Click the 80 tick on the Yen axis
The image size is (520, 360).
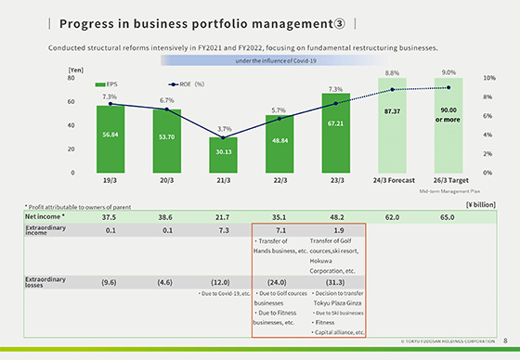[x=71, y=78]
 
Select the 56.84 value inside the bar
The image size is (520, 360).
[x=110, y=133]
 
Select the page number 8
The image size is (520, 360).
[x=505, y=341]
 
